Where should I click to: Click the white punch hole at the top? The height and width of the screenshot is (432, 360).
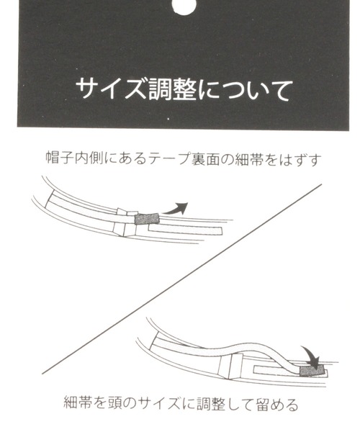(184, 6)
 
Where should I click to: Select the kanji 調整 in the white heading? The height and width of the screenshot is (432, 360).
(173, 89)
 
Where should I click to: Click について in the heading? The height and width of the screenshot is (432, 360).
(244, 89)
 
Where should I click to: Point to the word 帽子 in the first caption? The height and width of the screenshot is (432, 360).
(60, 158)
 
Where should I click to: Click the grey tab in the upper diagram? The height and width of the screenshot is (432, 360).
(147, 219)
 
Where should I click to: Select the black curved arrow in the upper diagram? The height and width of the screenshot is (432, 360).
(176, 209)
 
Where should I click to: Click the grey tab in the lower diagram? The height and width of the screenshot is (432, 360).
(312, 370)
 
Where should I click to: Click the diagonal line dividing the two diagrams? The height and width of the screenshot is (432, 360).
(181, 279)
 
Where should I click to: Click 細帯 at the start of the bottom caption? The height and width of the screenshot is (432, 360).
(78, 404)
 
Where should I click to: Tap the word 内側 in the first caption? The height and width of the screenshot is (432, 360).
(89, 158)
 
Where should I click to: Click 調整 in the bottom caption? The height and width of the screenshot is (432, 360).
(211, 404)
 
